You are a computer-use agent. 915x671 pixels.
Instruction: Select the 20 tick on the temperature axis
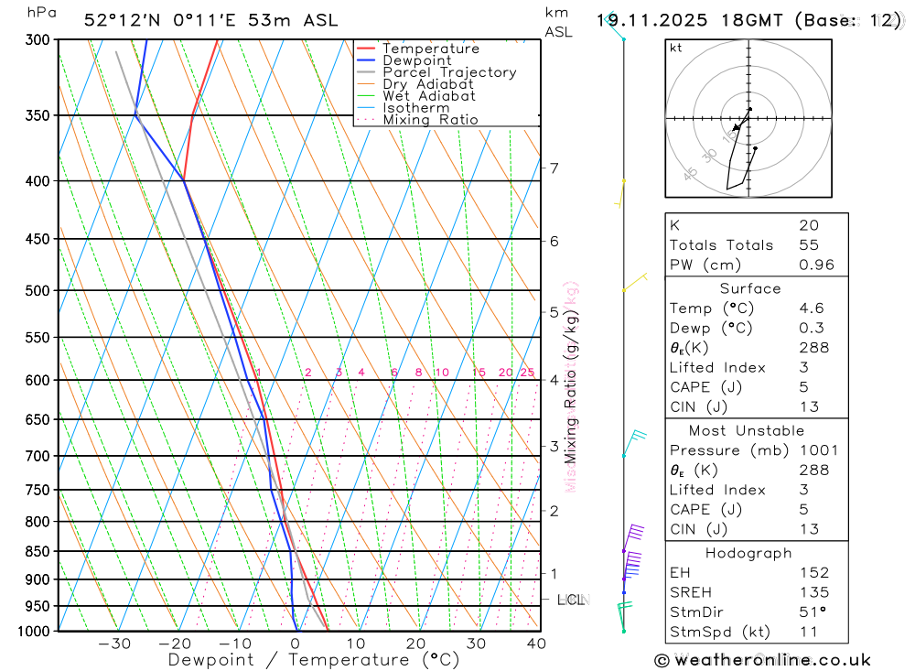click(x=416, y=644)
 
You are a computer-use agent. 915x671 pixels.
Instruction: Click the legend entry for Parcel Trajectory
click(x=448, y=72)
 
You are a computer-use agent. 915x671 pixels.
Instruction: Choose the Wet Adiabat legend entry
click(x=428, y=96)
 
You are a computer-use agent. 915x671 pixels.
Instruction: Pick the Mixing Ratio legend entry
click(x=429, y=120)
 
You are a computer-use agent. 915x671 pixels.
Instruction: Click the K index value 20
click(x=809, y=225)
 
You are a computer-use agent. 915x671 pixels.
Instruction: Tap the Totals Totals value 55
click(x=809, y=245)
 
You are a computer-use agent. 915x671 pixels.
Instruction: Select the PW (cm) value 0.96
click(x=816, y=265)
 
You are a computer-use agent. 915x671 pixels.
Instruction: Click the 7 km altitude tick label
click(x=554, y=168)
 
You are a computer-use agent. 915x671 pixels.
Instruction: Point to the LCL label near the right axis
click(x=571, y=600)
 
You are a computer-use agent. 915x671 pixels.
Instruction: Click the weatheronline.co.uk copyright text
click(x=762, y=660)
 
